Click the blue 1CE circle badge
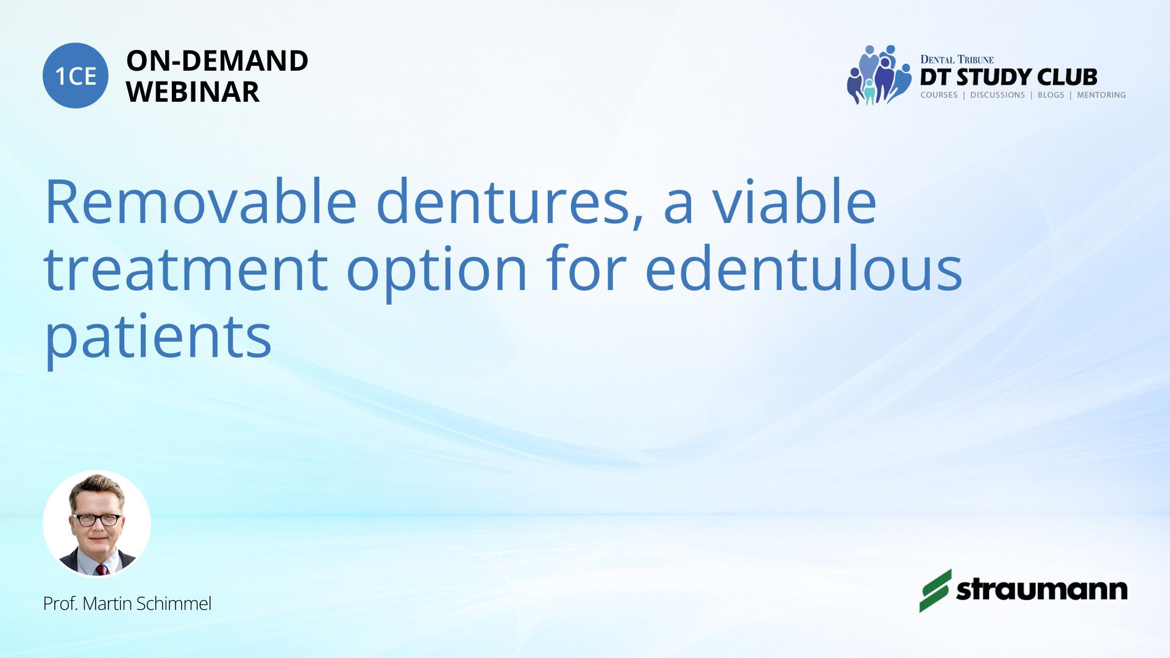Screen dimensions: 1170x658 (76, 76)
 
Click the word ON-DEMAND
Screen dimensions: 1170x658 (217, 61)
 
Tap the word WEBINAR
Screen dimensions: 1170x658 (193, 92)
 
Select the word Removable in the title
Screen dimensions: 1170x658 (201, 202)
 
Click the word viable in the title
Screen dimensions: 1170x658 (795, 202)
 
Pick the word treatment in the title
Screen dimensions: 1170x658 (186, 270)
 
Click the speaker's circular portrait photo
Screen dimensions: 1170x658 (97, 523)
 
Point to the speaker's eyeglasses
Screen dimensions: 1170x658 (97, 520)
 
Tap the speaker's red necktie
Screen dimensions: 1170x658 (101, 569)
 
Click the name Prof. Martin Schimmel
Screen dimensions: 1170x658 (127, 604)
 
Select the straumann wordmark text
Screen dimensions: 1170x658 (1042, 589)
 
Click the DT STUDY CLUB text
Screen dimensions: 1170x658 (1009, 77)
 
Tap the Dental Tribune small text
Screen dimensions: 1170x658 (957, 59)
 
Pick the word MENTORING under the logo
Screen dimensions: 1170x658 (1101, 95)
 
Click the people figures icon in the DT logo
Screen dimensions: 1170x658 (879, 75)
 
